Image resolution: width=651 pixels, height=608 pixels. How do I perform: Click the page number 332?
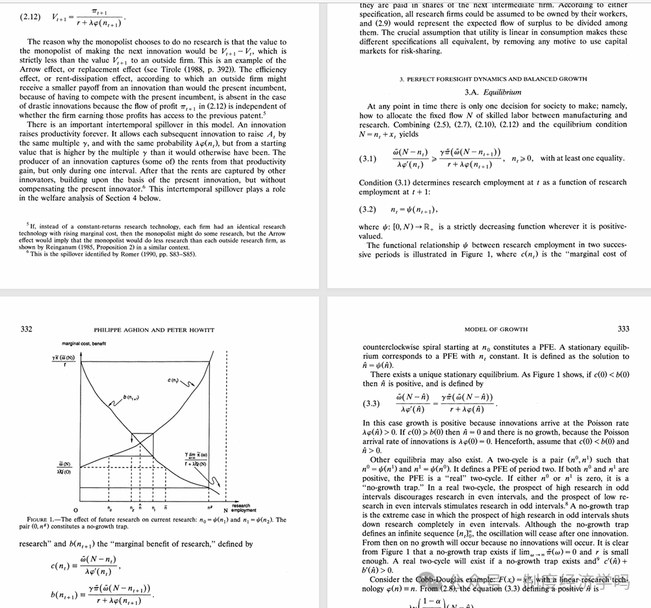(26, 329)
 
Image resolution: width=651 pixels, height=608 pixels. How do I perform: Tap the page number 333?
(623, 329)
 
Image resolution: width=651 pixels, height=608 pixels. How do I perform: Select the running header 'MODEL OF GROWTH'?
(496, 330)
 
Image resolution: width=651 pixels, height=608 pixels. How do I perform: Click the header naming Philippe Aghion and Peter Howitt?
(154, 330)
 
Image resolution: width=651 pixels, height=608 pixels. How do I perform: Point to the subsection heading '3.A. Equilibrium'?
(493, 92)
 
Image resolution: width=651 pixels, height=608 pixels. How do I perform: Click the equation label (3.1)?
(368, 158)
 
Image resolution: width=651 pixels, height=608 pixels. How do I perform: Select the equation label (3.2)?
(368, 210)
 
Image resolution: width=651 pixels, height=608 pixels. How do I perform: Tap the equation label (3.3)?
(372, 404)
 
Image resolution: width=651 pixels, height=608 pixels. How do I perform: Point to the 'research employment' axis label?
(240, 507)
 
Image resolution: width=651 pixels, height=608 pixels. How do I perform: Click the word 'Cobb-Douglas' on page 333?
(425, 579)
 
